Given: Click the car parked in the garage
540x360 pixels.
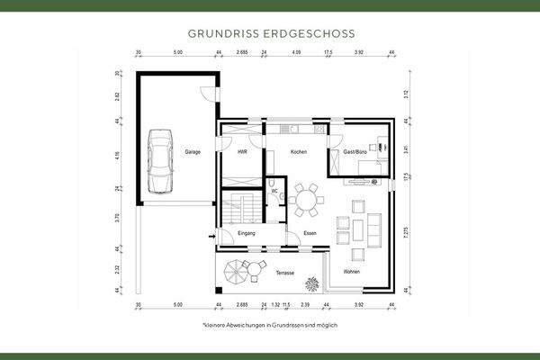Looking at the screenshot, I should pyautogui.click(x=160, y=160).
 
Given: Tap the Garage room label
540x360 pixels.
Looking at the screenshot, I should pyautogui.click(x=193, y=152).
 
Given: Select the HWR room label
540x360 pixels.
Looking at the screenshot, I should pyautogui.click(x=242, y=152).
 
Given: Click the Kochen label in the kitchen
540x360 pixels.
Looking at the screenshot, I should pyautogui.click(x=299, y=152).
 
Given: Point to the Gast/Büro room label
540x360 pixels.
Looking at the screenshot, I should pyautogui.click(x=356, y=152).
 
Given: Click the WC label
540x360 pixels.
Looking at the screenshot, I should pyautogui.click(x=274, y=192).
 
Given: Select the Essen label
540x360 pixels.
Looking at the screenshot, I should pyautogui.click(x=310, y=234).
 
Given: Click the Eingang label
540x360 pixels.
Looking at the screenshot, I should pyautogui.click(x=247, y=234).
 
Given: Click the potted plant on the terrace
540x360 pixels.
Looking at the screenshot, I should pyautogui.click(x=311, y=283).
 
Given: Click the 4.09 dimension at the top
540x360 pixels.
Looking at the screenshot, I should pyautogui.click(x=296, y=53).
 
